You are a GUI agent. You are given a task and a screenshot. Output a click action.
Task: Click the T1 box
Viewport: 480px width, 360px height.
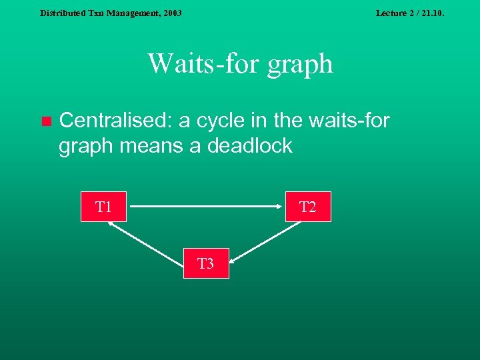[103, 207]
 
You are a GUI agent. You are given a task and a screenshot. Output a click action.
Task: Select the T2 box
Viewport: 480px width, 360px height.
[307, 207]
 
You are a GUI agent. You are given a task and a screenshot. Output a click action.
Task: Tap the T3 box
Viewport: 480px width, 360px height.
[205, 263]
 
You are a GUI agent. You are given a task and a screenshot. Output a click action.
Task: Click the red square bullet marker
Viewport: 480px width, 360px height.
[45, 121]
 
